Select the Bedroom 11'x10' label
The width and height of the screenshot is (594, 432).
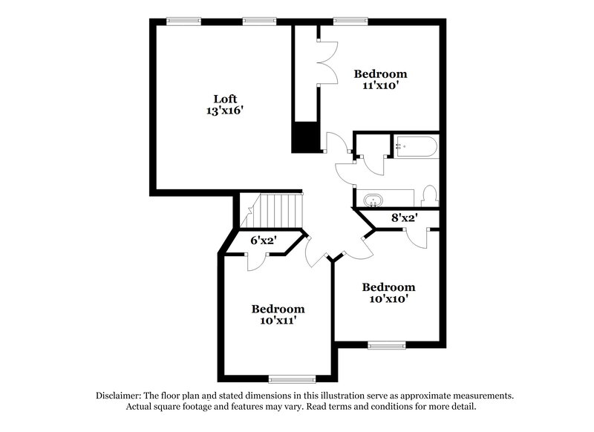coord(379,73)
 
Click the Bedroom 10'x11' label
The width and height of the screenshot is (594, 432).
coord(277,309)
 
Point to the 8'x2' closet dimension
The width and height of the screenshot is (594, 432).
coord(405,218)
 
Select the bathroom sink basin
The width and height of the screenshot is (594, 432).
coord(373,200)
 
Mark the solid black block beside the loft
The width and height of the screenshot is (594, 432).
coord(305,138)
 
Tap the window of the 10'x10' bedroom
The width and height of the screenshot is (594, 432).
coord(386,344)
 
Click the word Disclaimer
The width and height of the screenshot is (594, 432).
coord(121,396)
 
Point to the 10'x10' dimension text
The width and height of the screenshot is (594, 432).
coord(388,299)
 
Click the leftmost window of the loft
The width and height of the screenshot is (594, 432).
coord(184,22)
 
